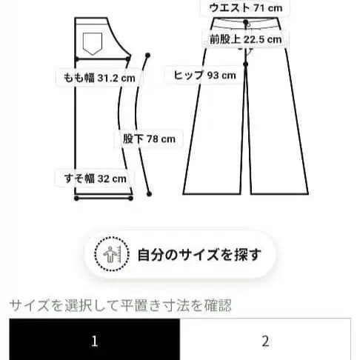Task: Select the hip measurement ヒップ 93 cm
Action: [x=204, y=75]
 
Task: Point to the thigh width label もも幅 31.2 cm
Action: [x=94, y=76]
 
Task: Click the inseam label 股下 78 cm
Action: [x=149, y=138]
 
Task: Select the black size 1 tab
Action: [x=94, y=341]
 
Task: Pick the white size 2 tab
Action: [x=265, y=341]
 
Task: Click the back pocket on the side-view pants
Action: [x=93, y=42]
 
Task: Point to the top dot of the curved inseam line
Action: [x=149, y=55]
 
